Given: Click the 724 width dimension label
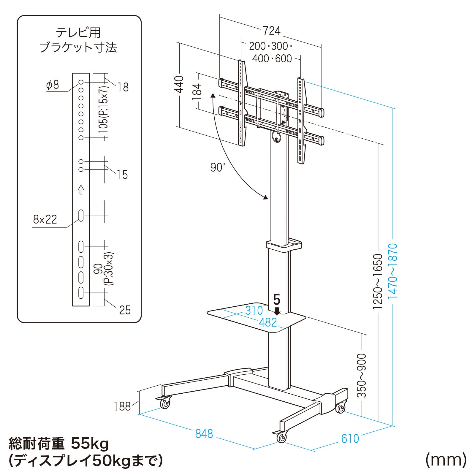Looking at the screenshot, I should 271,31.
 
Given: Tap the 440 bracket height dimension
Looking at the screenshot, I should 179,84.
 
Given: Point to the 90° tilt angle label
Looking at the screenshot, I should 218,167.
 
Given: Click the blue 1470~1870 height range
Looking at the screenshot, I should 393,271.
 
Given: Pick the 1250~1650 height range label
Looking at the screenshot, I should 378,281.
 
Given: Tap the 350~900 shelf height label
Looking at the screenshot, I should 362,375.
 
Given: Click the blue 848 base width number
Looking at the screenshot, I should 204,434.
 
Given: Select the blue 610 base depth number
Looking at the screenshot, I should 350,438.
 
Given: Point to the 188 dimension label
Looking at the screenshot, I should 122,406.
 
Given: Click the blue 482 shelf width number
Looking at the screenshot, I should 268,322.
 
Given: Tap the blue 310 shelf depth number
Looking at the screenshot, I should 254,311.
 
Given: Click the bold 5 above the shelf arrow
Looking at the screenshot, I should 277,300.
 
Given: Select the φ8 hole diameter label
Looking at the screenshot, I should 53,85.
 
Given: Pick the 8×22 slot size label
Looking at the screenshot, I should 45,219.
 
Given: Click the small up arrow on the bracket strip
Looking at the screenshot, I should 81,189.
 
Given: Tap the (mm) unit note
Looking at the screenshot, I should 446,460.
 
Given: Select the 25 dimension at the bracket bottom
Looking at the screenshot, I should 125,310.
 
